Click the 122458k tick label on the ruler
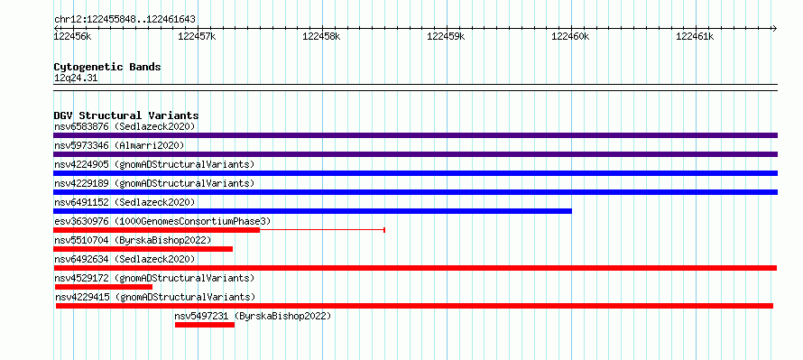321,36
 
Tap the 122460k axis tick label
570,36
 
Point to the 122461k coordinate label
695,36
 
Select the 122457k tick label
197,36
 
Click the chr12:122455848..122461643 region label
125,20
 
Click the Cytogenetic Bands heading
107,67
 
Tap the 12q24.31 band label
76,78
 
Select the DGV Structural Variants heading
126,115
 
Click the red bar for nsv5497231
205,325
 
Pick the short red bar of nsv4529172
104,287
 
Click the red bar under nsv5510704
143,249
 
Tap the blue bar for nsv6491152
312,211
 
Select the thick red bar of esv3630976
157,230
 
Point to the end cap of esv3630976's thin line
384,230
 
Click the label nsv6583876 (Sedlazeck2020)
125,126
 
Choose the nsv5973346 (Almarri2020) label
119,145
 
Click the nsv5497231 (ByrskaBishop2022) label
253,316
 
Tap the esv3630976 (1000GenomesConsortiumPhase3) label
162,221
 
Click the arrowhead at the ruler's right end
774,28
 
